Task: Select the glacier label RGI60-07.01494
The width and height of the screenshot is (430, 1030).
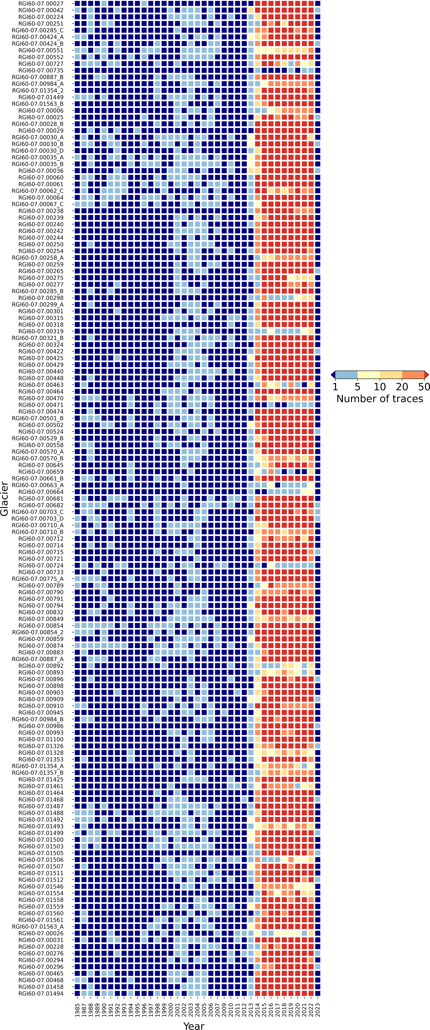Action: tap(41, 993)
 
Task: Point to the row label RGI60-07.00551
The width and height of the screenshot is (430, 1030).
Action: tap(41, 50)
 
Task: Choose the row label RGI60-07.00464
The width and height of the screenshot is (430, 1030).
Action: tap(41, 392)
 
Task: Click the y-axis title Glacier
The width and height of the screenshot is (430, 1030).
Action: tap(5, 499)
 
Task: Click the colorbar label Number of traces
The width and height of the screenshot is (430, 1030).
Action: tap(380, 399)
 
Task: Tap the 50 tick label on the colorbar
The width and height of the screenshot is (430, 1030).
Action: tap(424, 387)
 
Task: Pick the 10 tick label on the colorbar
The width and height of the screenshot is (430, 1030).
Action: tap(380, 387)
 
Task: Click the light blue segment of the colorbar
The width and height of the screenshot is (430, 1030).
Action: tap(346, 375)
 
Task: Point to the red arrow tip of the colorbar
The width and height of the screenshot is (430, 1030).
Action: tap(426, 375)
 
